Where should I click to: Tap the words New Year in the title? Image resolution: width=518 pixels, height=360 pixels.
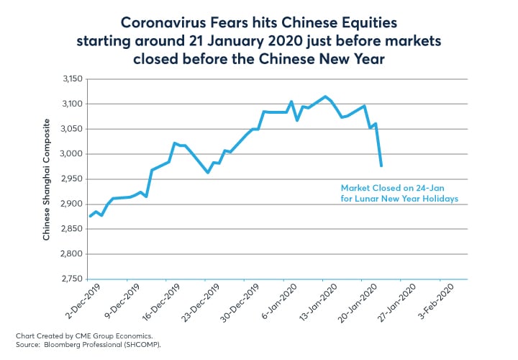350,58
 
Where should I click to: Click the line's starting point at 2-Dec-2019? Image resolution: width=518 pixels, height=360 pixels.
89,216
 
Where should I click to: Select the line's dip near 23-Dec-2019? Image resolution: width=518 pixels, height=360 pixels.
207,173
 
